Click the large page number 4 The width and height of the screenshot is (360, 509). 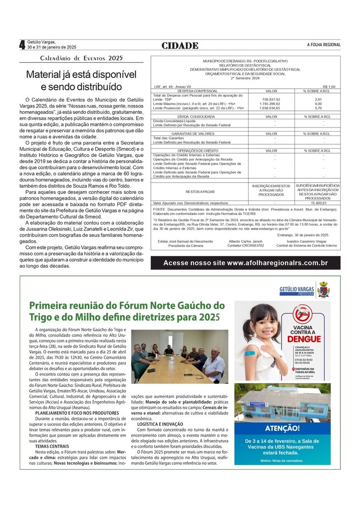click(x=22, y=45)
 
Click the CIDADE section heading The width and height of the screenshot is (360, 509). click(x=180, y=45)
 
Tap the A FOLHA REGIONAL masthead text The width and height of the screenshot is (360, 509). click(x=324, y=45)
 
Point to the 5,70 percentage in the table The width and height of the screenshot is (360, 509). click(x=318, y=108)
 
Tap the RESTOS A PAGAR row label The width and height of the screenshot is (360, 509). click(x=200, y=191)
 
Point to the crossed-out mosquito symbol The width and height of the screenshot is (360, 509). click(x=302, y=314)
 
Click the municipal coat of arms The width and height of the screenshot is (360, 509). click(x=324, y=289)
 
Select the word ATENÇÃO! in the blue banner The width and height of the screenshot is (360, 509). click(x=282, y=428)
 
